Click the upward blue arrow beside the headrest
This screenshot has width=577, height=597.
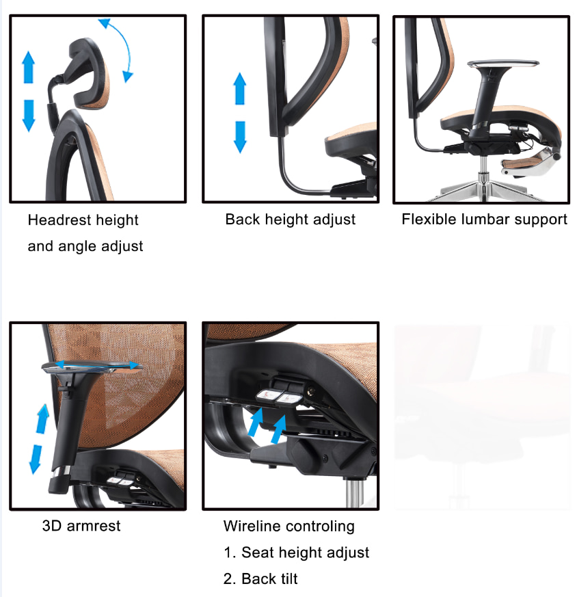pyautogui.click(x=29, y=67)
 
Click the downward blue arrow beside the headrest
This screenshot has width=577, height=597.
pyautogui.click(x=29, y=116)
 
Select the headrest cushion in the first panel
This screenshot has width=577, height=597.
pyautogui.click(x=88, y=73)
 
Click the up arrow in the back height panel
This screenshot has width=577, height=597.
pyautogui.click(x=240, y=88)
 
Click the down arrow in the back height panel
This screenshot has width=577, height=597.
pyautogui.click(x=240, y=137)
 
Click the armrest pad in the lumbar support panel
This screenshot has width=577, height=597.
pyautogui.click(x=502, y=64)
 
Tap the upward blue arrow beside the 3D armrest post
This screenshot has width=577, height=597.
pyautogui.click(x=42, y=419)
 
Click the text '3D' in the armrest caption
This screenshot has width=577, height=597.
pyautogui.click(x=52, y=526)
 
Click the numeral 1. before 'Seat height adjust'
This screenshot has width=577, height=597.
pyautogui.click(x=230, y=553)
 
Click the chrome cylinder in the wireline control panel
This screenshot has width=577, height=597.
pyautogui.click(x=354, y=492)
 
